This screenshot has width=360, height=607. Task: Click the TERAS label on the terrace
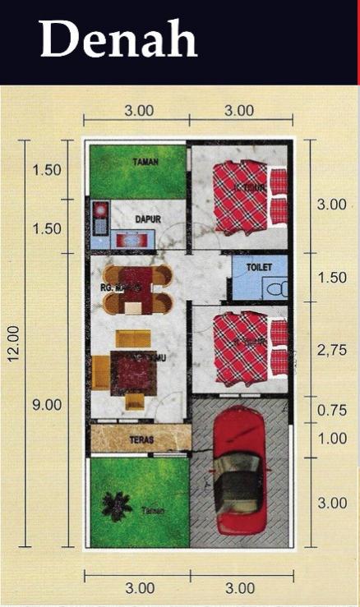point(141,440)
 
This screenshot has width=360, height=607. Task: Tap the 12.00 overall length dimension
point(12,343)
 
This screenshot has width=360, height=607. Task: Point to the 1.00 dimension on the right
point(332,439)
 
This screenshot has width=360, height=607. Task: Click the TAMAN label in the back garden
point(145,163)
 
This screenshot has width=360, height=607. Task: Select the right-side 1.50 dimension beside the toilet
point(332,278)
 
